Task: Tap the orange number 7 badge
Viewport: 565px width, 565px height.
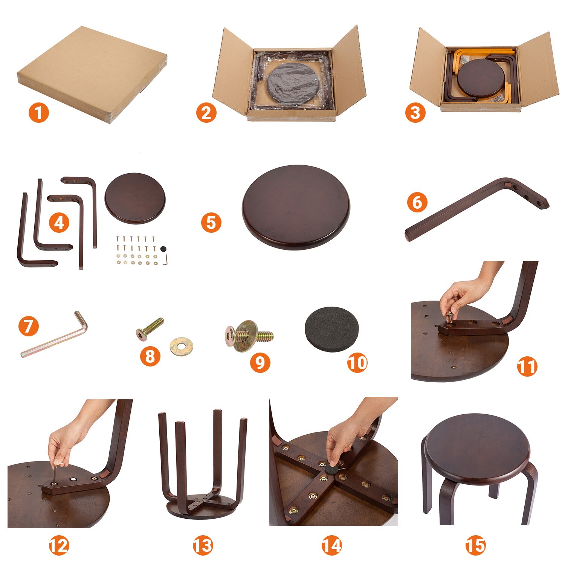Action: [29, 326]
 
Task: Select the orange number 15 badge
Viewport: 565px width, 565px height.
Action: [476, 545]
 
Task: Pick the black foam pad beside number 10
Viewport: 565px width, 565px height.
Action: [331, 330]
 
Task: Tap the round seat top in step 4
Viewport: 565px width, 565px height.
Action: [135, 198]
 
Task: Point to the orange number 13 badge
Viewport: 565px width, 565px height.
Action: [203, 545]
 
